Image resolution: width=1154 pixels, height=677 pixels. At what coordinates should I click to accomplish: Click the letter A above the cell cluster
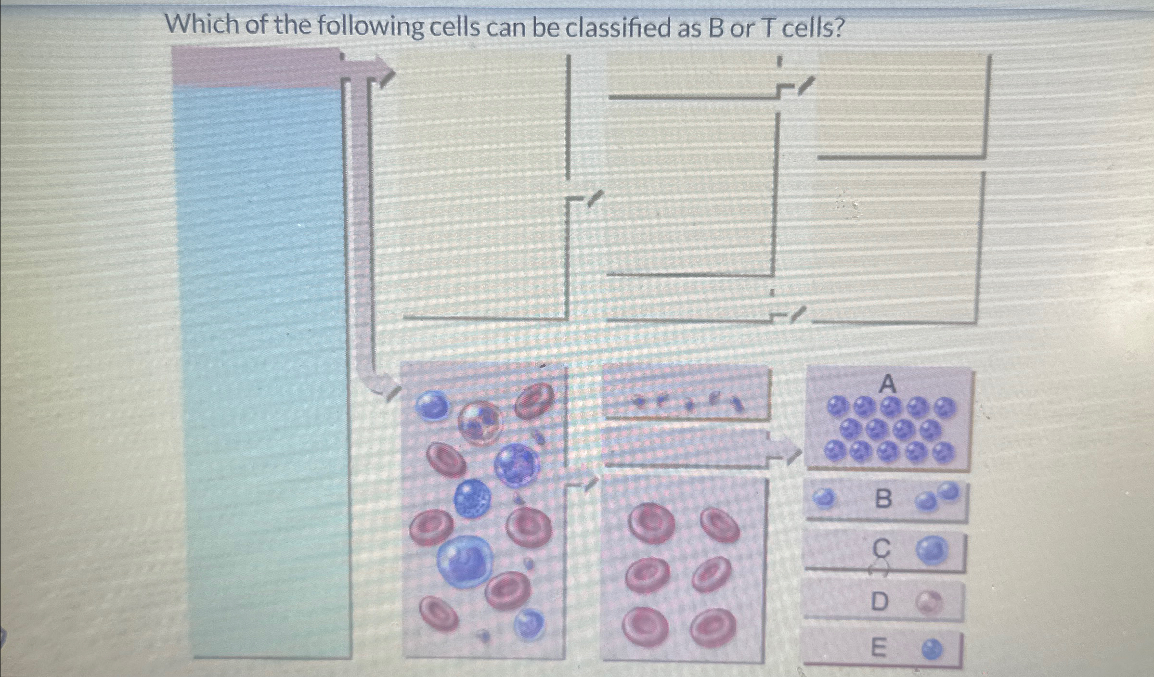(x=888, y=384)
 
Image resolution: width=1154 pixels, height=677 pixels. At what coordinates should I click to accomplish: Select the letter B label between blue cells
(x=883, y=499)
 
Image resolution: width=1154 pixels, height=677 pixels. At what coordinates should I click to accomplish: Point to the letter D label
(x=880, y=601)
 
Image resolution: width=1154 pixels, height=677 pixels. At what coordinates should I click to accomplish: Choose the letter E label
(x=879, y=648)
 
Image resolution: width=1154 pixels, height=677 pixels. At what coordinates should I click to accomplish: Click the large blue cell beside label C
(x=932, y=550)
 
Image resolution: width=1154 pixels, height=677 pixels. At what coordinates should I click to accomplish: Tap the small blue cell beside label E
(x=933, y=651)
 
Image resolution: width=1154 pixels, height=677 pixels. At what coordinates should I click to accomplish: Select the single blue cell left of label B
(x=825, y=498)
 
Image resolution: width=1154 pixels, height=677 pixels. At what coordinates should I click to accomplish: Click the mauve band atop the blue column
(x=258, y=67)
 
